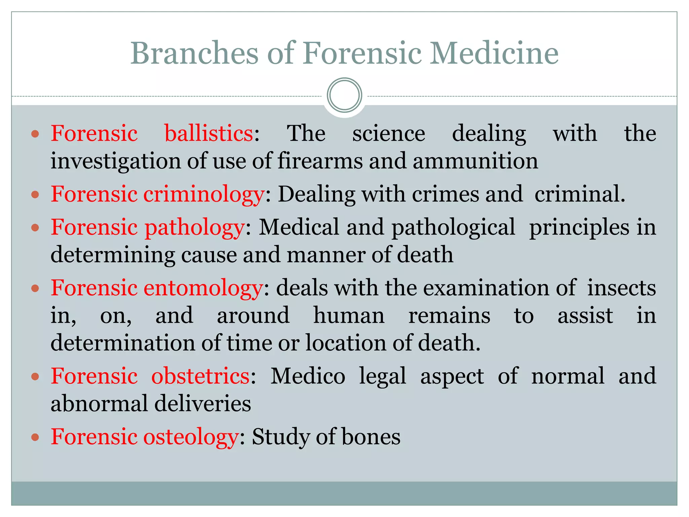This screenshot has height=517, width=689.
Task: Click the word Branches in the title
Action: pos(194,53)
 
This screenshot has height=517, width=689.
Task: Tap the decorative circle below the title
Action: pos(344,95)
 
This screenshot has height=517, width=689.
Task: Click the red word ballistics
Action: pos(209,133)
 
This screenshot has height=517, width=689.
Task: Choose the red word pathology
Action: pos(194,228)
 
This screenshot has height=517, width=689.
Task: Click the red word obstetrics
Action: pos(200,376)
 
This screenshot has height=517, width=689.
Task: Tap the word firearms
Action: pos(320,161)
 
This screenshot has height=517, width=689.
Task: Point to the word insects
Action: pos(621,288)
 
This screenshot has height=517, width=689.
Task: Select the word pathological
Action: pos(453,228)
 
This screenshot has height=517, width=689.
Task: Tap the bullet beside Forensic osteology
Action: pos(35,437)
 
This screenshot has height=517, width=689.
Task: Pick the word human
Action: pos(349,316)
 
